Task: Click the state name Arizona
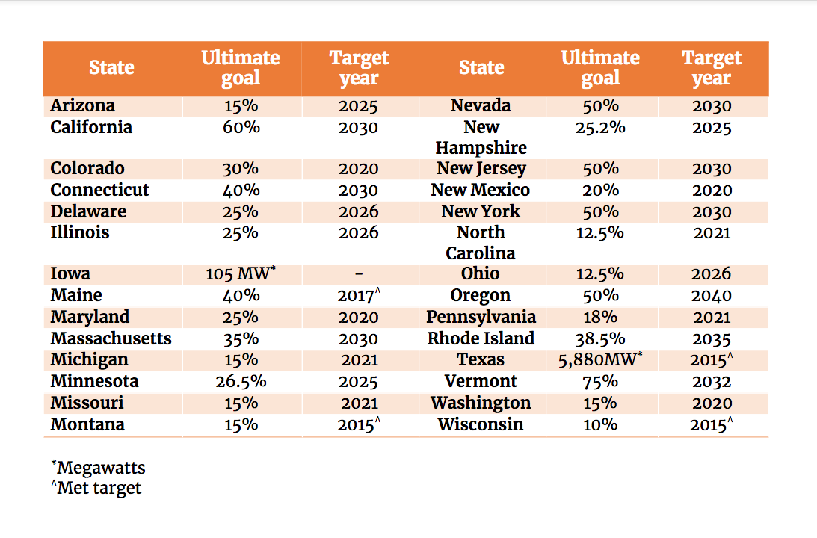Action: click(82, 106)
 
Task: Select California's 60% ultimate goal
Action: click(241, 128)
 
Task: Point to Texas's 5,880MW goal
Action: click(600, 360)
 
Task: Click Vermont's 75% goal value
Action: click(600, 382)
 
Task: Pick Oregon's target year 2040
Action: click(711, 296)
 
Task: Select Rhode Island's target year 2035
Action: click(711, 339)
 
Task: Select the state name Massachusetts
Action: click(111, 339)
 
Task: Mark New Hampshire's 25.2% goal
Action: click(600, 128)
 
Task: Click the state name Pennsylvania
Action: click(481, 317)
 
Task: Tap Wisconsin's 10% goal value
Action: click(600, 425)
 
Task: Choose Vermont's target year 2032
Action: click(711, 382)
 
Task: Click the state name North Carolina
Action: click(481, 243)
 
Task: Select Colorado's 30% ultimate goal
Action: click(241, 169)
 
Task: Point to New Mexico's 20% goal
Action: click(600, 191)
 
